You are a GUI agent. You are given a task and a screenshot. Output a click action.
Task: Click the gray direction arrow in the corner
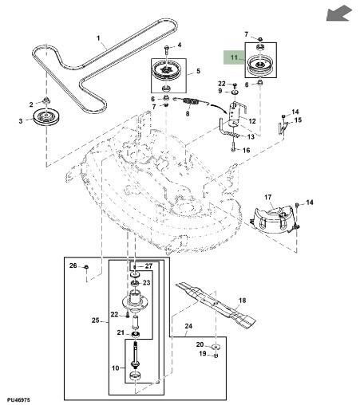point(338,14)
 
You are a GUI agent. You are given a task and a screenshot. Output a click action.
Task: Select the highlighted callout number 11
point(234,57)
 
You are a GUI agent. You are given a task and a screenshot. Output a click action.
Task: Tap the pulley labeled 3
point(46,117)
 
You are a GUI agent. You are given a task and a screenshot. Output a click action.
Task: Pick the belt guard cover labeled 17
point(273,218)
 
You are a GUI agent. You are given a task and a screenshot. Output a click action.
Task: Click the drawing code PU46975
point(18,399)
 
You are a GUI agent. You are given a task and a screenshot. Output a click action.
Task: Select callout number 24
point(188,326)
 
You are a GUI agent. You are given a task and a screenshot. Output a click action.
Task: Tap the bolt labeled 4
point(166,51)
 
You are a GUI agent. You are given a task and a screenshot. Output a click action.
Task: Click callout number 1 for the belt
point(98,38)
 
